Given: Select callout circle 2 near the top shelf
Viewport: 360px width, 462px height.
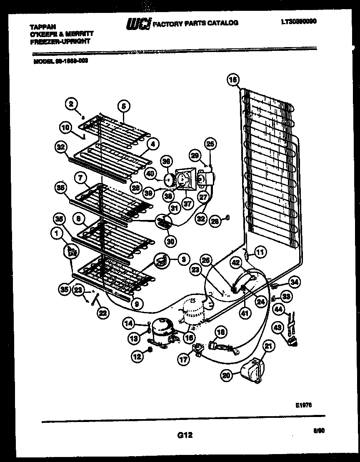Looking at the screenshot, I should (x=72, y=104).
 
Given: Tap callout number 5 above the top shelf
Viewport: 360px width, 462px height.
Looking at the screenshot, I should (x=123, y=106).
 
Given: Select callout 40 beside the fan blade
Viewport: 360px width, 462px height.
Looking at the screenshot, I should (x=149, y=173).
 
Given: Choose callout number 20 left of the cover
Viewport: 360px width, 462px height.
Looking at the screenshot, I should (x=226, y=375).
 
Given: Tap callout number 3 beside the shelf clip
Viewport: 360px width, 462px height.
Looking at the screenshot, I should (x=182, y=259).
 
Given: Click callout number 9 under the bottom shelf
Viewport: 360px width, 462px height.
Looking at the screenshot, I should (x=136, y=304).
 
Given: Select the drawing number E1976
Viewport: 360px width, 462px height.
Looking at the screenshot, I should (x=305, y=405).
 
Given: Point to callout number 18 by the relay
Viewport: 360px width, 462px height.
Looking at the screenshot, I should (x=222, y=332).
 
